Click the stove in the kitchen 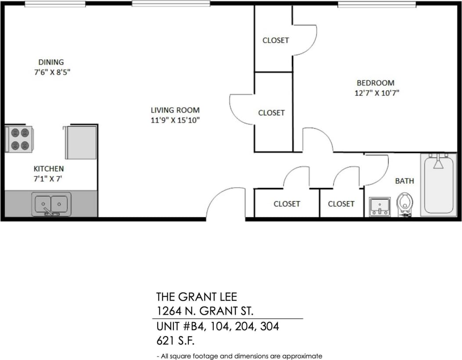tap(19, 139)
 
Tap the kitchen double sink tap(51, 204)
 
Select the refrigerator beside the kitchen tap(81, 142)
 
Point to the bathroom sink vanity tap(379, 206)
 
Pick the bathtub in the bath tap(438, 184)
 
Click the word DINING tap(51, 62)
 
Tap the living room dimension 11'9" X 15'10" tap(175, 120)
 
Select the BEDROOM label tap(375, 83)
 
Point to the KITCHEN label tap(49, 168)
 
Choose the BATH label tap(404, 181)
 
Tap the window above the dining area tap(55, 4)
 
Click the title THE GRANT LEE tap(197, 297)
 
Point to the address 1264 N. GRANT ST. tap(205, 311)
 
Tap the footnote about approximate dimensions tap(239, 356)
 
